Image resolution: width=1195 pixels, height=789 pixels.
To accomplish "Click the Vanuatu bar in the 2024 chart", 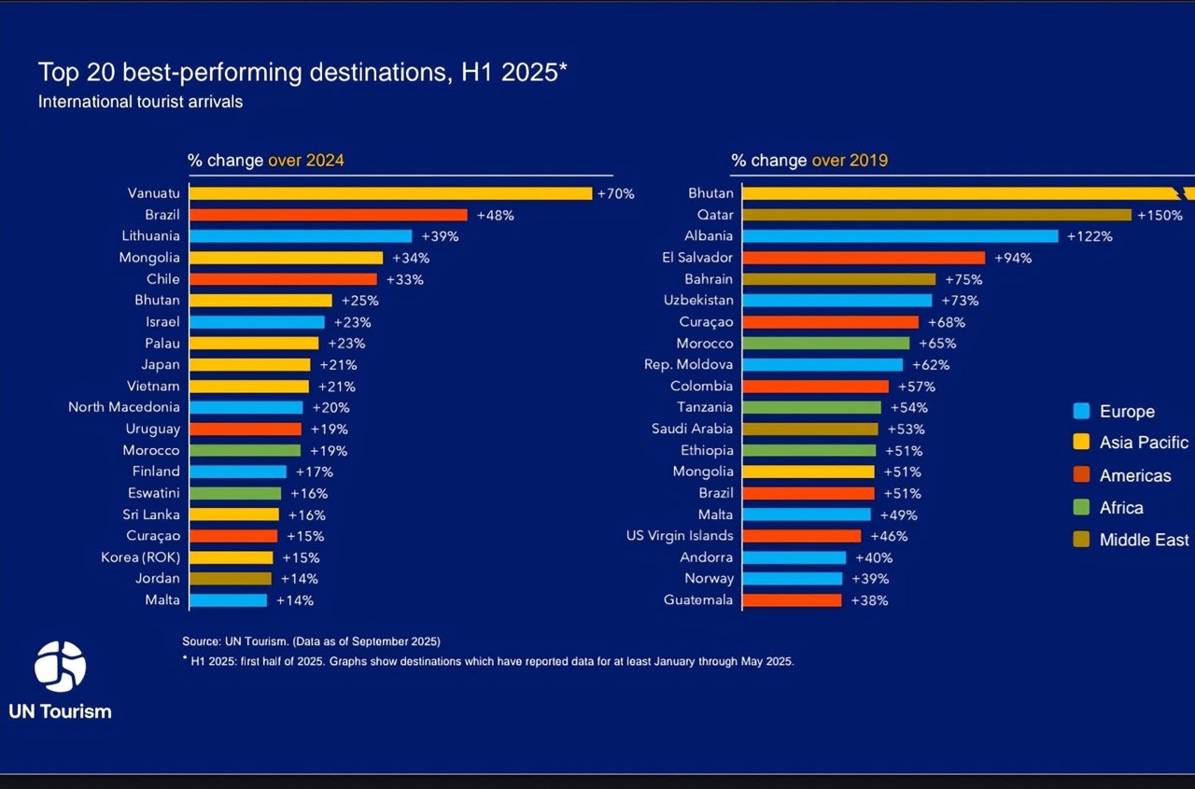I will pos(390,193).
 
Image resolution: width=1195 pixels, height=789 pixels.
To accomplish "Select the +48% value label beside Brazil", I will pos(495,215).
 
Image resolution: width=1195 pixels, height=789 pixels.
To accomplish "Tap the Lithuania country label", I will pos(150,236).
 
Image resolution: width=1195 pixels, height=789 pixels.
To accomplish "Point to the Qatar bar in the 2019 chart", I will pos(936,215).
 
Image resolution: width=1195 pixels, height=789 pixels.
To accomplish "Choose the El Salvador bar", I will pos(864,258).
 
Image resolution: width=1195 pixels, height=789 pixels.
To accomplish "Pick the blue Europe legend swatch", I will pos(1082,411).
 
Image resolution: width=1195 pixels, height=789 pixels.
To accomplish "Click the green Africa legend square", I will pos(1082,508).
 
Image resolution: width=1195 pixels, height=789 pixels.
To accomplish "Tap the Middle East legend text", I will pos(1144,540).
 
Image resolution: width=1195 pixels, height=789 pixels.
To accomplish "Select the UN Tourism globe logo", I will pos(60,665).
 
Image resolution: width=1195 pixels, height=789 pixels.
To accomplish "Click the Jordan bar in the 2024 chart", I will pos(231,579).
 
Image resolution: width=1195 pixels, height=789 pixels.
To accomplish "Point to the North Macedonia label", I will pos(124,407).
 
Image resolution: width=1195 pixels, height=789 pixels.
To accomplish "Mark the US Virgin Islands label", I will pos(680,536).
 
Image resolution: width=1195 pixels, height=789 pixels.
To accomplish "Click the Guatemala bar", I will pos(792,600).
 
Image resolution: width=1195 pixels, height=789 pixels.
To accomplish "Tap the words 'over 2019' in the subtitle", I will pos(850,161).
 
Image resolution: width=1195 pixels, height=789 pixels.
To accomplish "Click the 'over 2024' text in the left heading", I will pos(306,161).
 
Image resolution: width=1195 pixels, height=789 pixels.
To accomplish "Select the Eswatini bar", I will pos(235,493).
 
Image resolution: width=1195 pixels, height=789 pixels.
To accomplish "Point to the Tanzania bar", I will pos(811,407).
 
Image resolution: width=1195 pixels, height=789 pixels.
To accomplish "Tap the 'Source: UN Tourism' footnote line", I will pos(311,641).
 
